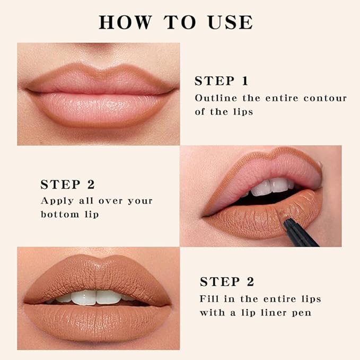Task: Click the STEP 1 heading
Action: (x=221, y=81)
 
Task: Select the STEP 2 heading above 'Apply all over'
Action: (x=67, y=185)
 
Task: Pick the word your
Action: (x=139, y=201)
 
